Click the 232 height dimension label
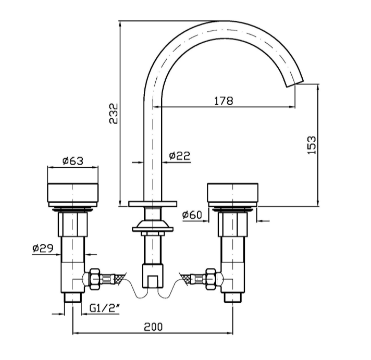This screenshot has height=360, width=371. (114, 113)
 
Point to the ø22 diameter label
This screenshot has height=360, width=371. (179, 155)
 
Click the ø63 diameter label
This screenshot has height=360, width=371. (72, 160)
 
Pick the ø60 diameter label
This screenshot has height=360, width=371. (192, 214)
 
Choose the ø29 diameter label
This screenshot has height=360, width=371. (43, 249)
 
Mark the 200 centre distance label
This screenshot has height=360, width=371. (153, 327)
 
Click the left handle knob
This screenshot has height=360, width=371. (73, 192)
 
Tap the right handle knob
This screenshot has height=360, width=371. (232, 192)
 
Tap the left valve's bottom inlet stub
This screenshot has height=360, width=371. (71, 297)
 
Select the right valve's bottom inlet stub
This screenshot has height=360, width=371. (232, 297)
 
